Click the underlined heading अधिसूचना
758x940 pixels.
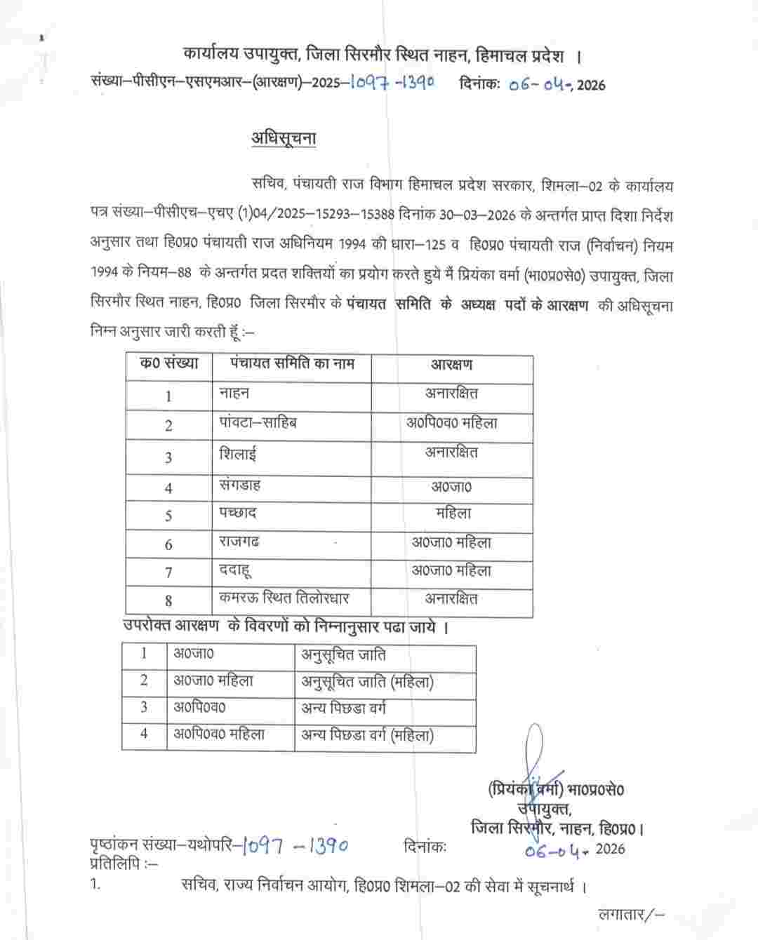[284, 139]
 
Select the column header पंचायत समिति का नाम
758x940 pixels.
[293, 363]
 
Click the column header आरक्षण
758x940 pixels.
[451, 365]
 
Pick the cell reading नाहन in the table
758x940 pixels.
[234, 394]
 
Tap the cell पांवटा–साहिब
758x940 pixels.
[258, 423]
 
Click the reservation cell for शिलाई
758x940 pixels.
[451, 453]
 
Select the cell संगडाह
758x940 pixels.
[241, 484]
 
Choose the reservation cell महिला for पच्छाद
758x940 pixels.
[453, 513]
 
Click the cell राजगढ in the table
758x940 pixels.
[241, 542]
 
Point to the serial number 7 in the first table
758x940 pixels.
[168, 572]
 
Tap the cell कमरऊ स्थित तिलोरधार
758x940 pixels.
[284, 598]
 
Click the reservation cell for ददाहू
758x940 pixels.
[451, 571]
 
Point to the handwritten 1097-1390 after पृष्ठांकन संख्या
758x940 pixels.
[293, 847]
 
